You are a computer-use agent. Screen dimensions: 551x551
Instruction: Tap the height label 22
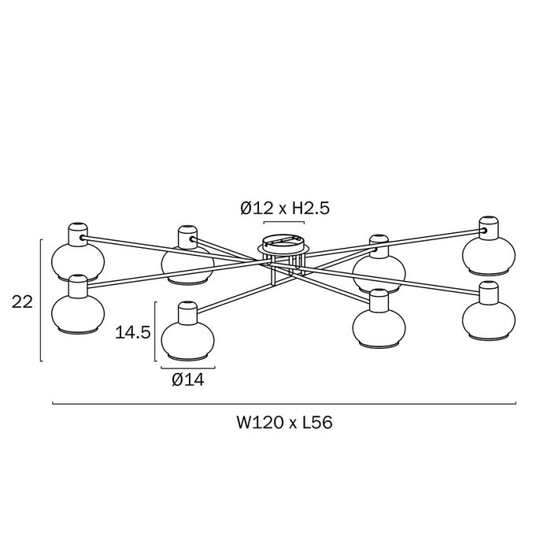[x=23, y=302]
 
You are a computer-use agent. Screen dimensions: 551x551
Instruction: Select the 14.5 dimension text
[x=132, y=332]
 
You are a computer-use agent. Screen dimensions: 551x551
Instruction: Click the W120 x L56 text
[x=284, y=423]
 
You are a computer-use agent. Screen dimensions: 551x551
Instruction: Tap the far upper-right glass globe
[x=487, y=253]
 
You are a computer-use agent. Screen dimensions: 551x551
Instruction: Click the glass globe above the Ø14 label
[x=187, y=335]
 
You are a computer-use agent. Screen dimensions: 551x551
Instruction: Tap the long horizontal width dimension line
[x=283, y=403]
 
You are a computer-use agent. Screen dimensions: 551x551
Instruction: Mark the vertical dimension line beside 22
[x=41, y=300]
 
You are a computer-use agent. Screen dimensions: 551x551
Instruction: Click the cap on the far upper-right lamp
[x=489, y=227]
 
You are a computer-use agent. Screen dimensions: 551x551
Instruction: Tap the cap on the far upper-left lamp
[x=76, y=234]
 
